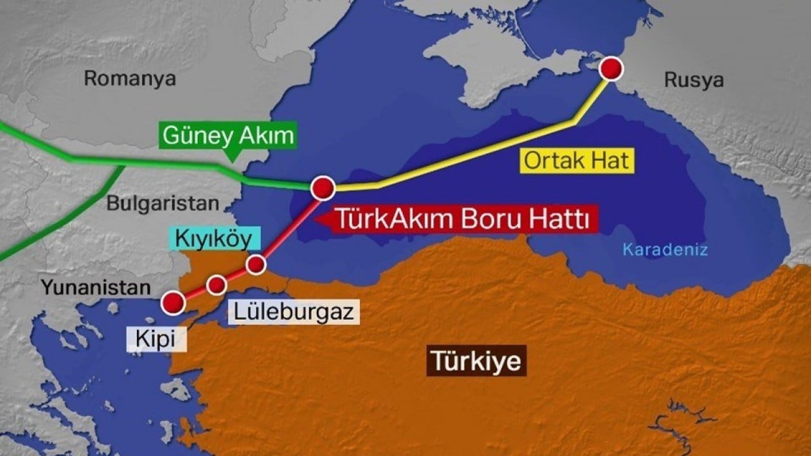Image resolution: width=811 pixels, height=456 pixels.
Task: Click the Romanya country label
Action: click(x=130, y=79)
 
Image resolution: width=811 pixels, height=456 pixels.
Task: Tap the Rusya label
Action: click(x=694, y=80)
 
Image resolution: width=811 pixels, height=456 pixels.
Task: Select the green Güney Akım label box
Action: click(x=229, y=136)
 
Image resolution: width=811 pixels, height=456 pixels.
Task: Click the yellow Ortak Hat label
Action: click(x=577, y=161)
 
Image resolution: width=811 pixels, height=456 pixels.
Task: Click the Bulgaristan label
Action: click(x=163, y=203)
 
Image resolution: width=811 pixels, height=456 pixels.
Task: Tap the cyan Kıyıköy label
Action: click(x=215, y=239)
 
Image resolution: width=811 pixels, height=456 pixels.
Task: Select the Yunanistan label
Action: click(x=96, y=288)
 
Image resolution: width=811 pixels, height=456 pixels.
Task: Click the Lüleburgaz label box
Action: click(x=293, y=312)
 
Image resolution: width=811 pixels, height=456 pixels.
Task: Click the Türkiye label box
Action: click(x=476, y=361)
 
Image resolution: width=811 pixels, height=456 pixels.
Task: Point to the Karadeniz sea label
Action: click(x=665, y=250)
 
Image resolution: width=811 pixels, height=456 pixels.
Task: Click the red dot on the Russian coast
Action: click(x=611, y=68)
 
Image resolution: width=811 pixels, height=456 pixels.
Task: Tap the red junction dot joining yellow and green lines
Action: click(x=322, y=187)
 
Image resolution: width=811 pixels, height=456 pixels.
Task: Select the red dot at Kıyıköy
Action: click(x=256, y=264)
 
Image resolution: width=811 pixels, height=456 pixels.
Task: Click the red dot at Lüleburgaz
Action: click(x=217, y=285)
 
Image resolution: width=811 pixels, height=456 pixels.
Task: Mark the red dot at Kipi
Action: click(x=173, y=303)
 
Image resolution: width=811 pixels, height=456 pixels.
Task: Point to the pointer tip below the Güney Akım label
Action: click(x=231, y=158)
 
